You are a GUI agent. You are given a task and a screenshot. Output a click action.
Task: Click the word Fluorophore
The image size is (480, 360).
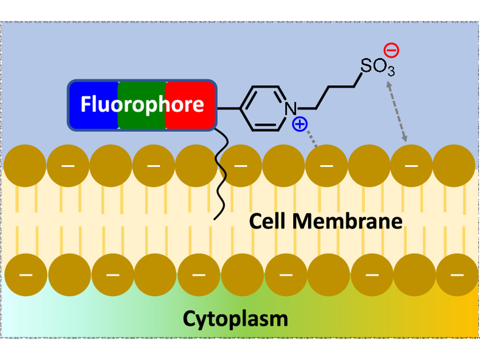pos(142,105)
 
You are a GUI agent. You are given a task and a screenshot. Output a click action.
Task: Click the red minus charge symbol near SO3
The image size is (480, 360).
pos(391,50)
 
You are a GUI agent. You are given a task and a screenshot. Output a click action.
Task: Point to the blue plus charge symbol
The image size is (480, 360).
pos(300,124)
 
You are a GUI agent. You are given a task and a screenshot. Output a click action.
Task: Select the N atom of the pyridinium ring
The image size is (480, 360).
pos(291,108)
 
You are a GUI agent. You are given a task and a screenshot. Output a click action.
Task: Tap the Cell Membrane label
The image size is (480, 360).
pos(325,221)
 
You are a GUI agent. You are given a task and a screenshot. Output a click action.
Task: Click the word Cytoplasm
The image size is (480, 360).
pos(235,319)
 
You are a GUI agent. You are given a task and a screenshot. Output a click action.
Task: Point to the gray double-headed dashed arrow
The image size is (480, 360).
pos(397,111)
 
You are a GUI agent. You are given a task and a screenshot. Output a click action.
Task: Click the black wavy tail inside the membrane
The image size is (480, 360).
pos(221,179)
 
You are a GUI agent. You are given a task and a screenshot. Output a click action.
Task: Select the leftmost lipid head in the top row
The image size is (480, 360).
pos(25,165)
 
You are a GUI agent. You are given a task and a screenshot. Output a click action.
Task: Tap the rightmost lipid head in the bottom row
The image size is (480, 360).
pos(457,275)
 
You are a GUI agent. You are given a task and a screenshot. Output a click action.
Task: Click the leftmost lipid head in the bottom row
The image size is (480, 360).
pos(26,275)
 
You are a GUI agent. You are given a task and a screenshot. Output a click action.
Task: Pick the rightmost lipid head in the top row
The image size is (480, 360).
pos(454,165)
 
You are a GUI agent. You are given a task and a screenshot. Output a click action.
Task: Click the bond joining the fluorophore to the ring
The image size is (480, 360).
pos(228,108)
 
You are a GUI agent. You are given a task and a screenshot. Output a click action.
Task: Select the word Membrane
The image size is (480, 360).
pos(347,221)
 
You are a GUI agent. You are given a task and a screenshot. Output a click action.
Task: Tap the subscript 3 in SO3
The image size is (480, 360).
pos(391,71)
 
